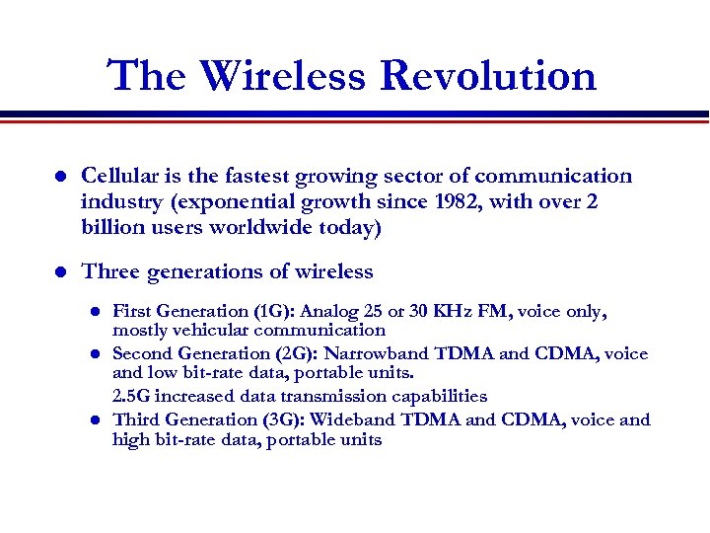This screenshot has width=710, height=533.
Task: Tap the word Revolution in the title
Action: click(x=488, y=76)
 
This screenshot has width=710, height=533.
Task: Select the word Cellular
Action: click(x=120, y=176)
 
